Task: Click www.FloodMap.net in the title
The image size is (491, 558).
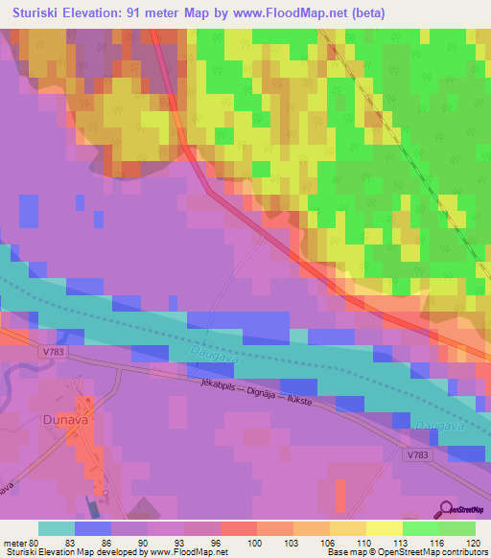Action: (x=305, y=13)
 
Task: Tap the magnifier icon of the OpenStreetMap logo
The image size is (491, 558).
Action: (x=447, y=509)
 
